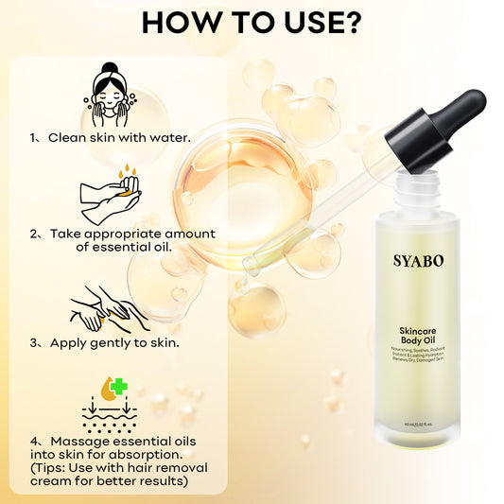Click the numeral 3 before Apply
[x=33, y=342]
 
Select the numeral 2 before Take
[x=33, y=234]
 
